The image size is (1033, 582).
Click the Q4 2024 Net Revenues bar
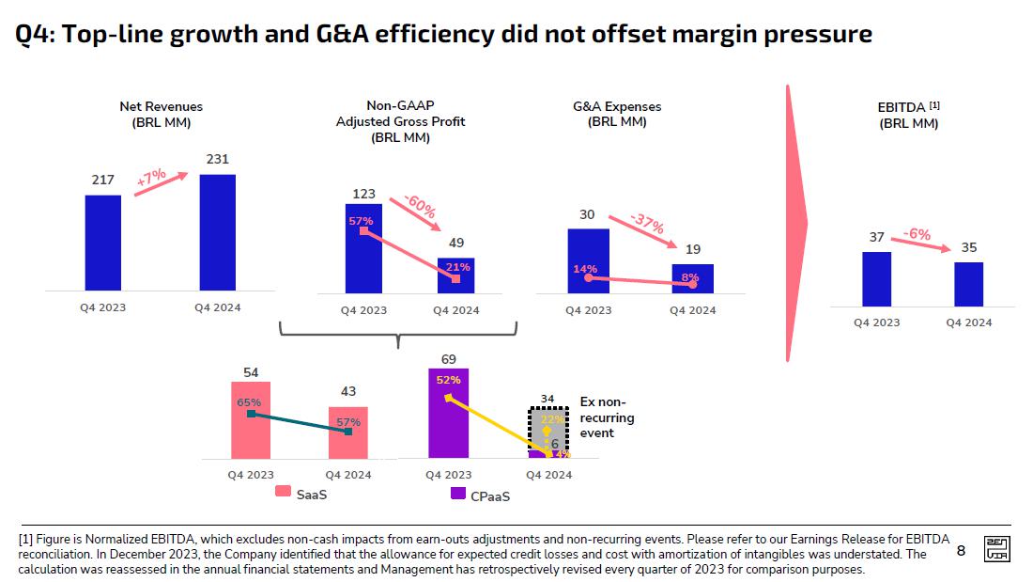click(217, 232)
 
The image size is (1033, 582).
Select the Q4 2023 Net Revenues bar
click(102, 243)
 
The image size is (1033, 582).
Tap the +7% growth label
click(151, 179)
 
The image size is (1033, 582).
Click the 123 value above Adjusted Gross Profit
click(363, 194)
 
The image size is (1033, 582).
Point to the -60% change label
click(420, 207)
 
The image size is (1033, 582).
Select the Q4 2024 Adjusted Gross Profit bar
click(456, 275)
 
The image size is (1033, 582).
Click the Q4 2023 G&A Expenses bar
click(588, 260)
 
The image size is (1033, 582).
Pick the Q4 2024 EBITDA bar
click(968, 284)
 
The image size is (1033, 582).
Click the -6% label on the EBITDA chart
click(917, 233)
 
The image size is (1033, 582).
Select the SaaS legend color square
click(282, 493)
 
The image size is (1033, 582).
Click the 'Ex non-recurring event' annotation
click(607, 417)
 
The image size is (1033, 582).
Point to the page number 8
click(961, 551)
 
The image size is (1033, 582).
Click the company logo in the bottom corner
click(996, 550)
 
